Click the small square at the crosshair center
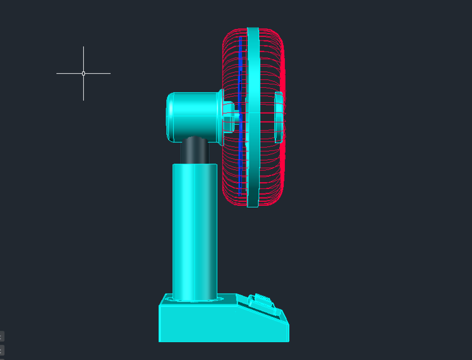pos(83,73)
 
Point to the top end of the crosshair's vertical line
pos(83,47)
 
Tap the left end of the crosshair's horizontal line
pos(57,73)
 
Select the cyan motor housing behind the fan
pos(197,115)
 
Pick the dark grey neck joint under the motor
pos(194,150)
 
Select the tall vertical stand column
pos(194,231)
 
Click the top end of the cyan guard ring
pos(252,30)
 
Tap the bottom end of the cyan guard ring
pos(252,204)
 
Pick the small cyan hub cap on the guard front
pos(279,117)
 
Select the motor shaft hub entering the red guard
pos(229,117)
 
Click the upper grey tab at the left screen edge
pos(2,336)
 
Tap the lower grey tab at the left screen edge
pos(2,350)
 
